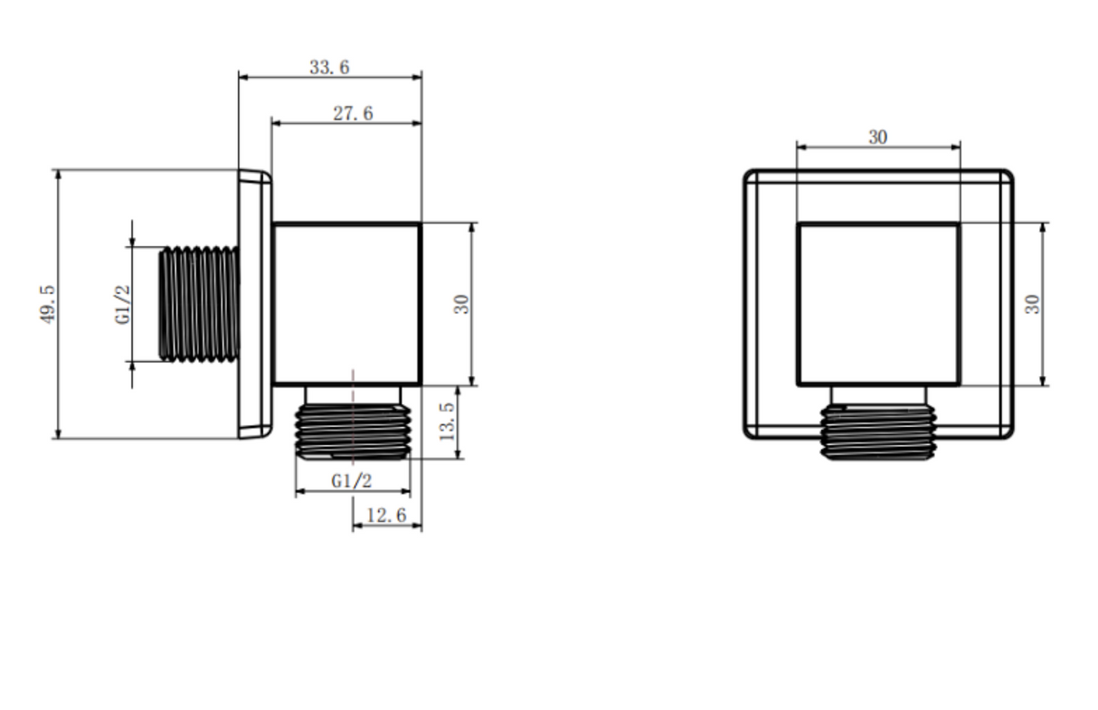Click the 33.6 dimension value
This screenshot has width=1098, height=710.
point(329,67)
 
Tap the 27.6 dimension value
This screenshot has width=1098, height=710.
point(353,114)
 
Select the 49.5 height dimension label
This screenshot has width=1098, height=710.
point(48,305)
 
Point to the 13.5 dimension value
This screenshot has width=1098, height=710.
point(447,421)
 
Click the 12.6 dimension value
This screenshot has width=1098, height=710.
point(386,516)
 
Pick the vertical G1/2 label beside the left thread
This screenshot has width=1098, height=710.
point(123,305)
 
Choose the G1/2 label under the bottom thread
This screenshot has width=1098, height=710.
point(352,481)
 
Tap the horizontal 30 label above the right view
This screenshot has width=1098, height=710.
point(878,137)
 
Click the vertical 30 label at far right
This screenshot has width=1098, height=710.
point(1032,305)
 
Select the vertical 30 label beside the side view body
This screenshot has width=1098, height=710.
point(461,305)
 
